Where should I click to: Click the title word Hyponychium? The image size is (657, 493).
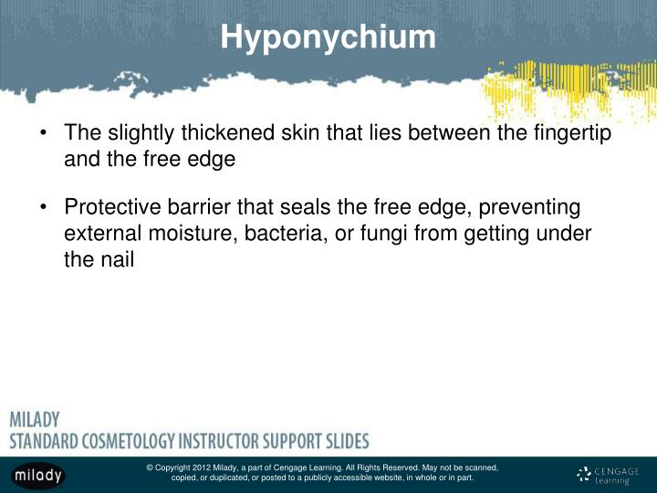click(x=328, y=37)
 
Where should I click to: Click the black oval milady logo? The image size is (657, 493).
click(x=38, y=476)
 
